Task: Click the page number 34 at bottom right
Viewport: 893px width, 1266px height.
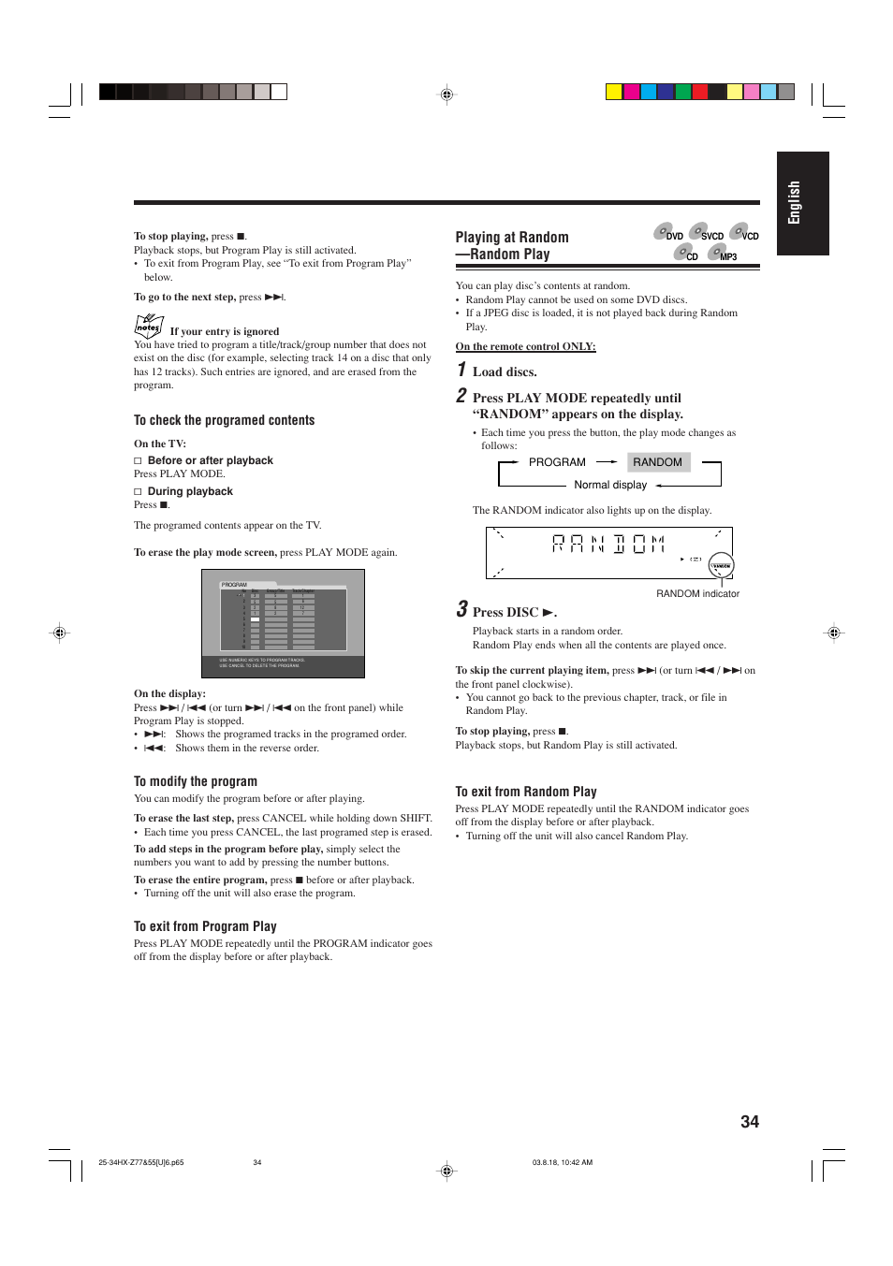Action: coord(749,1122)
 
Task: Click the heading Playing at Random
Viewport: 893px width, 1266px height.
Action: coord(512,238)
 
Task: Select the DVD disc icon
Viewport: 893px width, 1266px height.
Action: coord(664,231)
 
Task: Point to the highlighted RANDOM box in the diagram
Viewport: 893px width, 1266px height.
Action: coord(658,462)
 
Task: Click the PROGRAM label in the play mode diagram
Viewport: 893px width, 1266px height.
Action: coord(557,462)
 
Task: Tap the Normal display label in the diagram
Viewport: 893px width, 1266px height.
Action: coord(610,485)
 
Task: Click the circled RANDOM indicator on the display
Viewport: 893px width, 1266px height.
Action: coord(721,566)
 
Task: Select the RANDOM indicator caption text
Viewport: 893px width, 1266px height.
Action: coord(697,594)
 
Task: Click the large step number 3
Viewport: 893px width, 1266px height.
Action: coord(461,610)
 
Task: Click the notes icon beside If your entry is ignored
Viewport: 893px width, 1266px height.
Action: coord(148,326)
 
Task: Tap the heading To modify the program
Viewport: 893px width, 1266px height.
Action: coord(195,781)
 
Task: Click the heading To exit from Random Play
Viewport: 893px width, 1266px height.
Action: coord(526,792)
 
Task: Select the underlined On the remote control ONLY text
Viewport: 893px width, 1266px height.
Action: coord(525,346)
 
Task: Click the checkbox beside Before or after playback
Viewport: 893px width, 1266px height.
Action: coord(138,460)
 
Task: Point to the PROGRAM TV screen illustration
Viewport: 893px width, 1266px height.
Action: coord(283,623)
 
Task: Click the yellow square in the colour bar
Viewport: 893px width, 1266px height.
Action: coord(613,92)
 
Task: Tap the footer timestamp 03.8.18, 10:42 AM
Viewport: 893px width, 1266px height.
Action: coord(562,1162)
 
